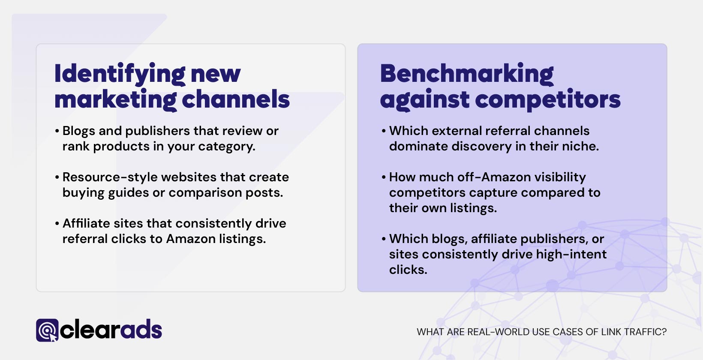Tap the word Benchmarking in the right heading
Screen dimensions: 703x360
[467, 74]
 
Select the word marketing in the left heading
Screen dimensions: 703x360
[115, 100]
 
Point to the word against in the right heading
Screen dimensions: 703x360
[425, 100]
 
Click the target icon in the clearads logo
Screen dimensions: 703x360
[47, 330]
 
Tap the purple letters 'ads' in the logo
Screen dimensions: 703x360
[141, 330]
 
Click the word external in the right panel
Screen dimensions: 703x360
[454, 131]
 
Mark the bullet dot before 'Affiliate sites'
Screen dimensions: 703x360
[57, 224]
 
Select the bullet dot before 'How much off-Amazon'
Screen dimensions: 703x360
[384, 177]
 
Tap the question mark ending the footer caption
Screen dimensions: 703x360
[664, 332]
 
